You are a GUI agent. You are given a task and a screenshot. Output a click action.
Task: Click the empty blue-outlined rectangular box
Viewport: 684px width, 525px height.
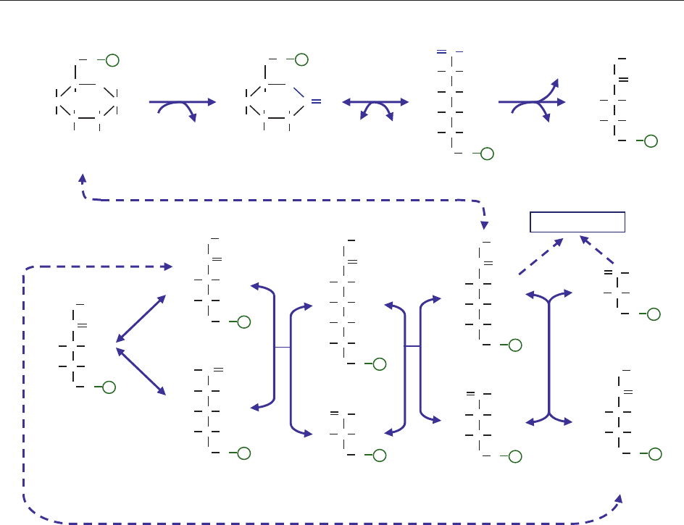577,222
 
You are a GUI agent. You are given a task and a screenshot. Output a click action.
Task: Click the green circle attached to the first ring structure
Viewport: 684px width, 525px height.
112,59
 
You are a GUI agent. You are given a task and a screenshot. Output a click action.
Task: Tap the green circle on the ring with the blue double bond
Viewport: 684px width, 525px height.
301,59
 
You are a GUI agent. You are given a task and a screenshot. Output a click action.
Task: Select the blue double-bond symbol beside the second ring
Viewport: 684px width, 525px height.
316,102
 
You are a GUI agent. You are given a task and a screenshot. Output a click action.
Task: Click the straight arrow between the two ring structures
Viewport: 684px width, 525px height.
183,103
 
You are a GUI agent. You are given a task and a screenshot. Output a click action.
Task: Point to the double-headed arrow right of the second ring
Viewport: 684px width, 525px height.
375,104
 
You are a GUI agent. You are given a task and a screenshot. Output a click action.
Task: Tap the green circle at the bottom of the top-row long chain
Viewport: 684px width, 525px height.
487,153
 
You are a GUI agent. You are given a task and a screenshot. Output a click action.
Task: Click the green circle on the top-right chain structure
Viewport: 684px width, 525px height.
651,140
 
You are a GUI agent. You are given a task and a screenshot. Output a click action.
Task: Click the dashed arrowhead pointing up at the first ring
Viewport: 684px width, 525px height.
83,178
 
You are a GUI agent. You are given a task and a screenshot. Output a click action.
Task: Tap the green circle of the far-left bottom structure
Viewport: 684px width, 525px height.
109,387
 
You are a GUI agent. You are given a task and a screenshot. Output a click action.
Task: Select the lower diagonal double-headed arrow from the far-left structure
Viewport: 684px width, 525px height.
141,371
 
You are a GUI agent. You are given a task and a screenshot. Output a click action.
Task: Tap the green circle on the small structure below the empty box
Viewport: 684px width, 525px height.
654,314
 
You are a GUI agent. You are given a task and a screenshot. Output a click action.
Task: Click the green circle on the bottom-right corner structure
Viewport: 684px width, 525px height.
655,453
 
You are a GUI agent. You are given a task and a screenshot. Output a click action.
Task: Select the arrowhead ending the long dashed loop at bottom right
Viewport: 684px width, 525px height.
620,499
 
